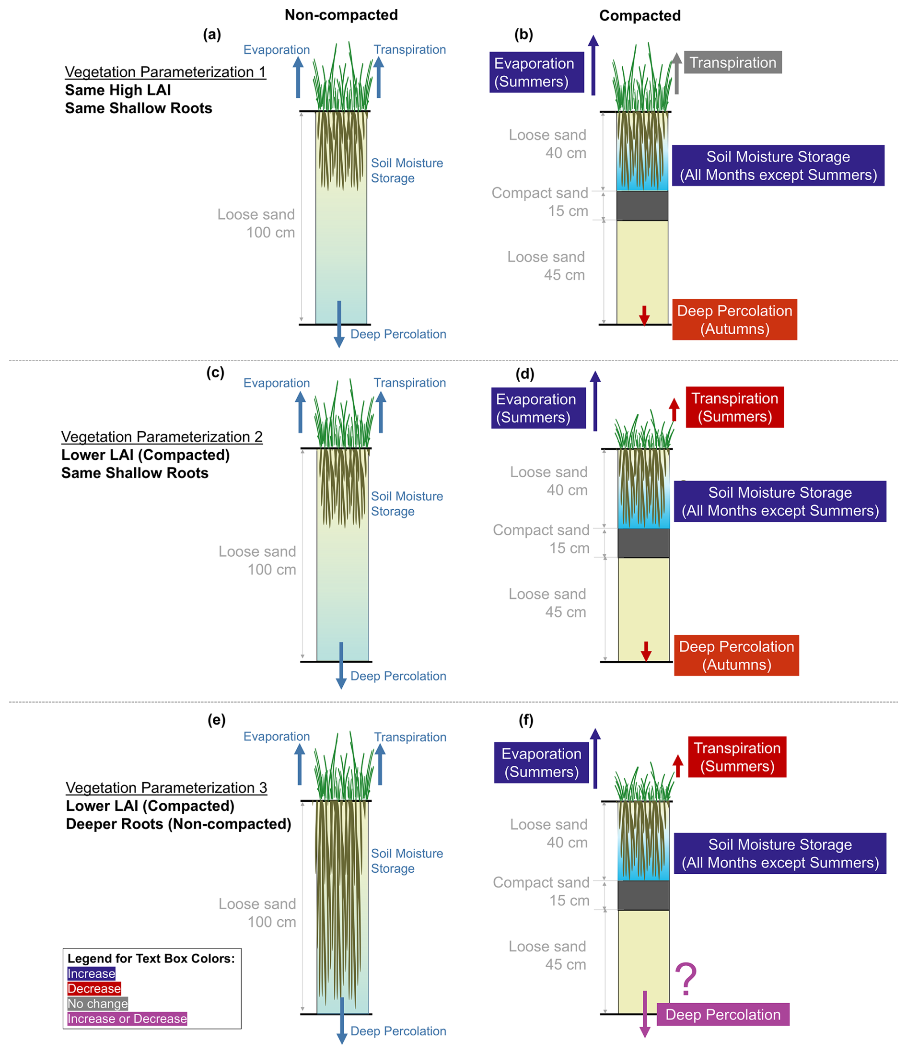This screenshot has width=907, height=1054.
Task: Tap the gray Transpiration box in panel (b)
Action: tap(732, 62)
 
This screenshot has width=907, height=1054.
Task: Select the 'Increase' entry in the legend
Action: tap(92, 973)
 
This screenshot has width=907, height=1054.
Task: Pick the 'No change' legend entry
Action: tap(98, 1003)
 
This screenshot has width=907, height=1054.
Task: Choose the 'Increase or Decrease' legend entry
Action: tap(127, 1019)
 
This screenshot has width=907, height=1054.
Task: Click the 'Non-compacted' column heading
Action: tap(341, 15)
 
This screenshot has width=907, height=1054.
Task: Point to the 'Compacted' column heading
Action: tap(640, 16)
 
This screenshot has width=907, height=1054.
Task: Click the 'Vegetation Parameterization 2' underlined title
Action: tap(162, 436)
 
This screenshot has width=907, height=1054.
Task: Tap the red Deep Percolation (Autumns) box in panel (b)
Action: tap(734, 319)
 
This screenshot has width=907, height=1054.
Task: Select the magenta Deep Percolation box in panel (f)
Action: tap(722, 1014)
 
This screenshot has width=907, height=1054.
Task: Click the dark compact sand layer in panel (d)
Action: tap(643, 543)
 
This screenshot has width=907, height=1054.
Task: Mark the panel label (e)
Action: tap(216, 720)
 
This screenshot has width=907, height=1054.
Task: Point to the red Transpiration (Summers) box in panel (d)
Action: tap(734, 407)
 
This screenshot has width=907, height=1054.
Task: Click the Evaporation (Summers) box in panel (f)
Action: tap(541, 762)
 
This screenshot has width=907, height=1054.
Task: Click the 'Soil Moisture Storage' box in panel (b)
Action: tap(778, 165)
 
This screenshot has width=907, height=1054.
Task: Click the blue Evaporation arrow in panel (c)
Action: tap(301, 412)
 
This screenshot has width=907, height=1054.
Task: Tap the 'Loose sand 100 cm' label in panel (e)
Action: tap(257, 913)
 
